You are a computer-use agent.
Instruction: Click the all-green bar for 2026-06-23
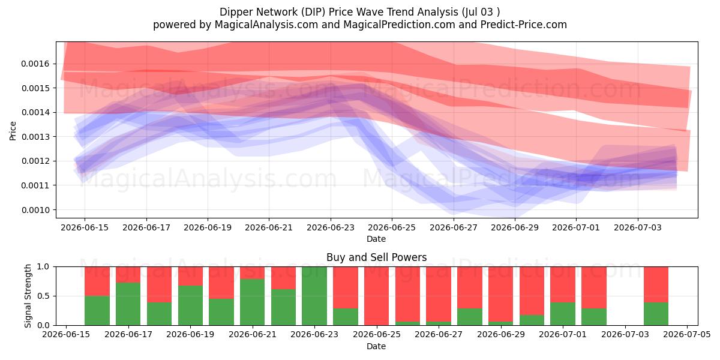[314, 296]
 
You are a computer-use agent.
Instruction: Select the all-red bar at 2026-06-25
[376, 296]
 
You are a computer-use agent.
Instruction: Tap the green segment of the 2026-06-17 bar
[128, 304]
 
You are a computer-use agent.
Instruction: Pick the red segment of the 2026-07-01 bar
[563, 284]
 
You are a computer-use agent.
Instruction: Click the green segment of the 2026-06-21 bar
[253, 302]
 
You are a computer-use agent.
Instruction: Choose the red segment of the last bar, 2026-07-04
[656, 284]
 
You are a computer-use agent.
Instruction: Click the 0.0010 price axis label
[35, 210]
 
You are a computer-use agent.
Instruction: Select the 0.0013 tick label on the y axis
[35, 137]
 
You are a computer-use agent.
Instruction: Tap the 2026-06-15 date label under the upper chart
[85, 227]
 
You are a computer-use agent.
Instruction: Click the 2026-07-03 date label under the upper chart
[638, 227]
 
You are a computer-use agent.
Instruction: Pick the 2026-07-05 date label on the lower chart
[687, 334]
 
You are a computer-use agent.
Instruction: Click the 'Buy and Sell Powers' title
[376, 257]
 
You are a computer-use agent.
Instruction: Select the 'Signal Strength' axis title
[28, 296]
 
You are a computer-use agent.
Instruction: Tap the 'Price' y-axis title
[13, 131]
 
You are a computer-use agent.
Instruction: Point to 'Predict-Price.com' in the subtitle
[524, 25]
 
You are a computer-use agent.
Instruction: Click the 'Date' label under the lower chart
[376, 346]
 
